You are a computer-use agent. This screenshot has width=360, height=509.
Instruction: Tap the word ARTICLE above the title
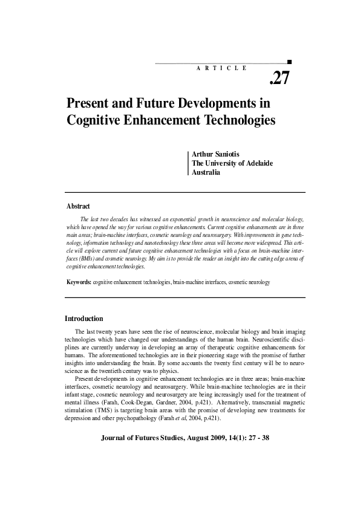221,68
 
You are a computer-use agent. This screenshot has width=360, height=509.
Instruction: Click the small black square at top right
290,62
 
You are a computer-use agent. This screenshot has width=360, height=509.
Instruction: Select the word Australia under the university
206,172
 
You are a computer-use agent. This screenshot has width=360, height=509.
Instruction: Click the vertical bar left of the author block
188,163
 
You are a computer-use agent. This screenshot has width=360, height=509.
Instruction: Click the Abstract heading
77,206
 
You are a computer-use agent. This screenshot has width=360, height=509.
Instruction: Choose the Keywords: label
79,282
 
